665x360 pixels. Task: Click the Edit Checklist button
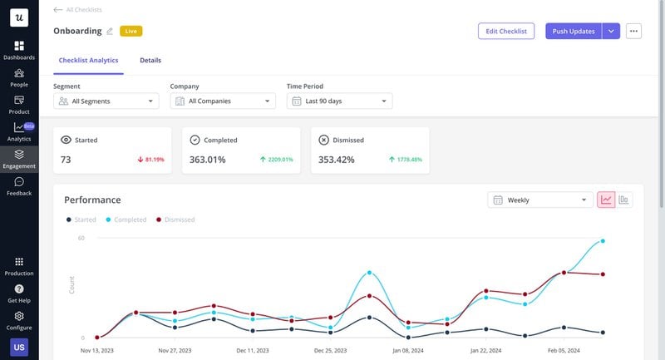[x=505, y=31]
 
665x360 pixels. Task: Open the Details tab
[x=150, y=61]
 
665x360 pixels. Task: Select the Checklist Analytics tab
[x=88, y=61]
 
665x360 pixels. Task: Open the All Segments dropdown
[x=106, y=101]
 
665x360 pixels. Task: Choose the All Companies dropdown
[x=222, y=101]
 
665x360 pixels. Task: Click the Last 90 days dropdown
[x=339, y=101]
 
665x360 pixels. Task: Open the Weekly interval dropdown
[x=539, y=200]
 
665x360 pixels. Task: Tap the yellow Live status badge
[x=131, y=31]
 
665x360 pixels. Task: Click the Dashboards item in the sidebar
[x=19, y=50]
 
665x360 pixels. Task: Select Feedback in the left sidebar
[x=19, y=186]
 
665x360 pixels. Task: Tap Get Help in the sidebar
[x=19, y=293]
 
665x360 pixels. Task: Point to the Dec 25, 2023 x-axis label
[x=330, y=351]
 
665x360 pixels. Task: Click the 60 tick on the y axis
[x=81, y=239]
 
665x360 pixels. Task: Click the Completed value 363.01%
[x=207, y=160]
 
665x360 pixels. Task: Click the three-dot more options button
[x=634, y=31]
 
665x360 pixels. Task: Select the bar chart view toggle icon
[x=623, y=200]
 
